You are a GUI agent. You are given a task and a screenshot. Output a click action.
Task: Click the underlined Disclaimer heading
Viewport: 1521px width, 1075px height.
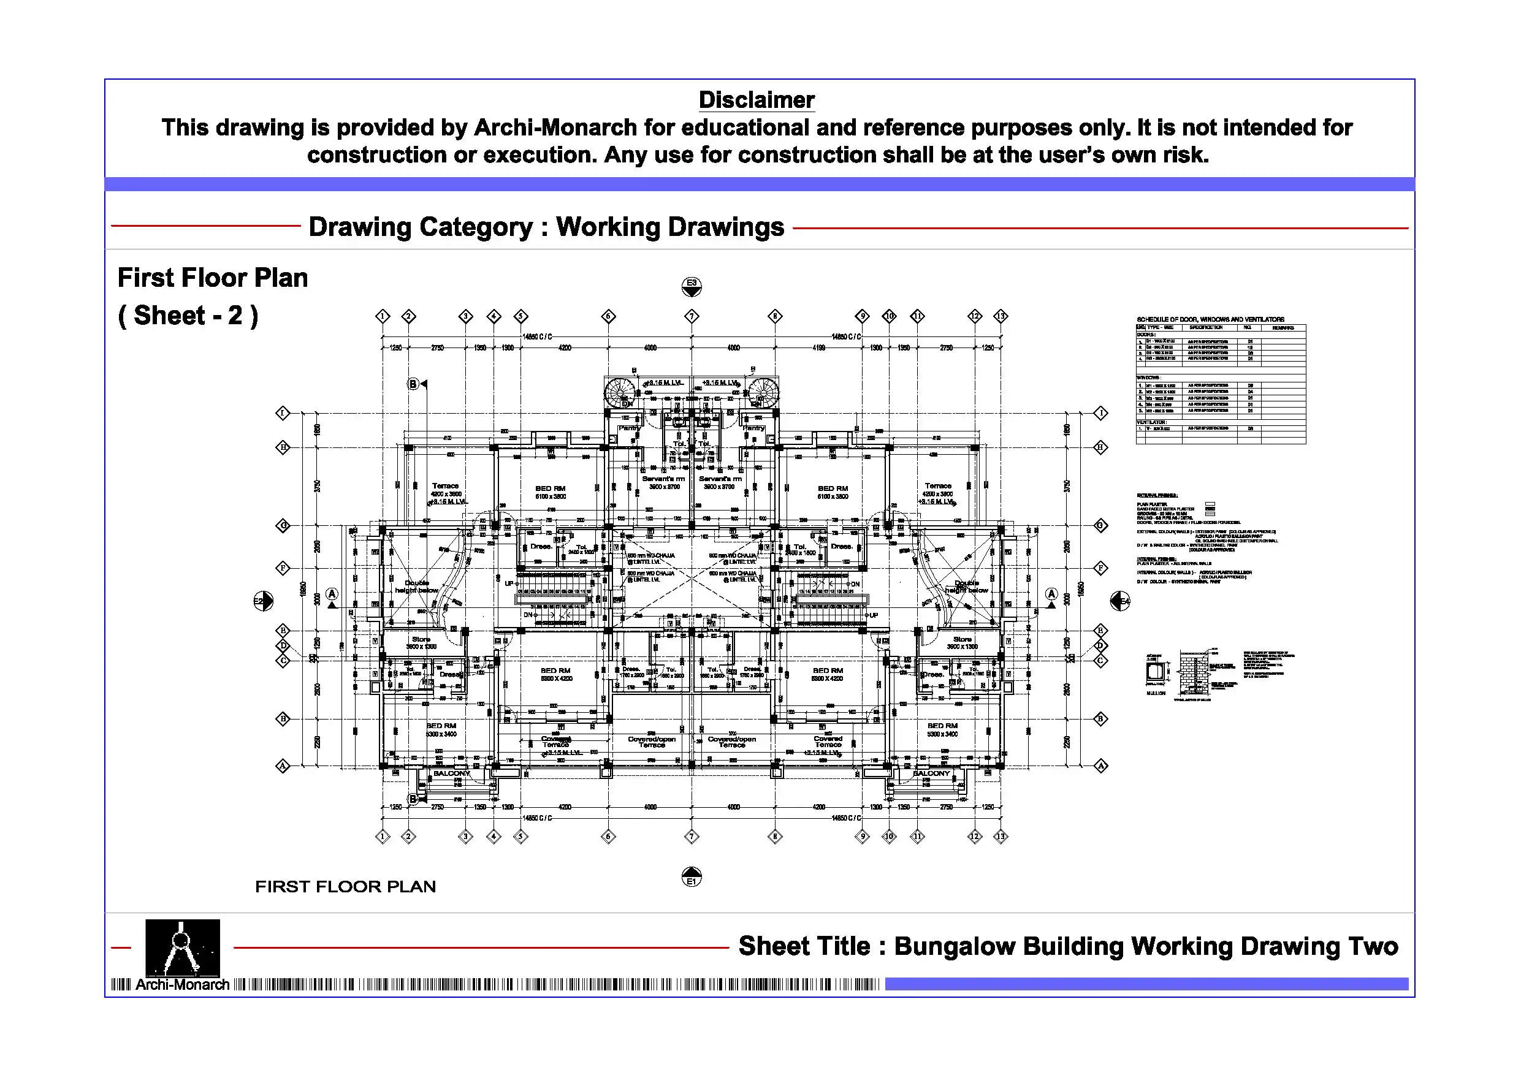pyautogui.click(x=756, y=100)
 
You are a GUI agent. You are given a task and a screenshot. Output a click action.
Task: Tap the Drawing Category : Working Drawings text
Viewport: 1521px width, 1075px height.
pyautogui.click(x=546, y=227)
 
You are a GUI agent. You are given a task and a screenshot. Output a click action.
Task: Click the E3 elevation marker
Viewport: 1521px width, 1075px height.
pyautogui.click(x=691, y=286)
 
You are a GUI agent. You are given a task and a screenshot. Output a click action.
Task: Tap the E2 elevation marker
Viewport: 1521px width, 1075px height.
pyautogui.click(x=263, y=601)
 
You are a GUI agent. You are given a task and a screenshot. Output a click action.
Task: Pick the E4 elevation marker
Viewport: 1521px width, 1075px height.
pyautogui.click(x=1119, y=601)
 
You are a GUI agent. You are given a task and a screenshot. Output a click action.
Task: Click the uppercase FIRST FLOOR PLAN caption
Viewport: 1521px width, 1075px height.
pyautogui.click(x=345, y=886)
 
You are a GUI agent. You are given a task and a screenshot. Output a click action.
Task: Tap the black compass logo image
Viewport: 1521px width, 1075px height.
pyautogui.click(x=182, y=946)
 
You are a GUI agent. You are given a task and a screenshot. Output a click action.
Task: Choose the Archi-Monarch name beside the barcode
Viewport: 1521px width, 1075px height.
pyautogui.click(x=182, y=985)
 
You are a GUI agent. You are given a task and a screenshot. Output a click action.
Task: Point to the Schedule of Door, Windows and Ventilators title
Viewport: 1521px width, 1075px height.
pyautogui.click(x=1210, y=319)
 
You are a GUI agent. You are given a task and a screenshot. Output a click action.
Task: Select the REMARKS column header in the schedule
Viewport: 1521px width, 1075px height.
pyautogui.click(x=1283, y=328)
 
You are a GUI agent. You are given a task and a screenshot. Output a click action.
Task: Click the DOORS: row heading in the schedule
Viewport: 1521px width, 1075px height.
pyautogui.click(x=1146, y=335)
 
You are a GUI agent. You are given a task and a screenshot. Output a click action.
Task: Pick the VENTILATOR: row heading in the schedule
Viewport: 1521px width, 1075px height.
pyautogui.click(x=1151, y=422)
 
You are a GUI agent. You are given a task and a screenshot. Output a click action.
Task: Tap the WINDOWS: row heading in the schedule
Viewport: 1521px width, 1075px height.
pyautogui.click(x=1149, y=378)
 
